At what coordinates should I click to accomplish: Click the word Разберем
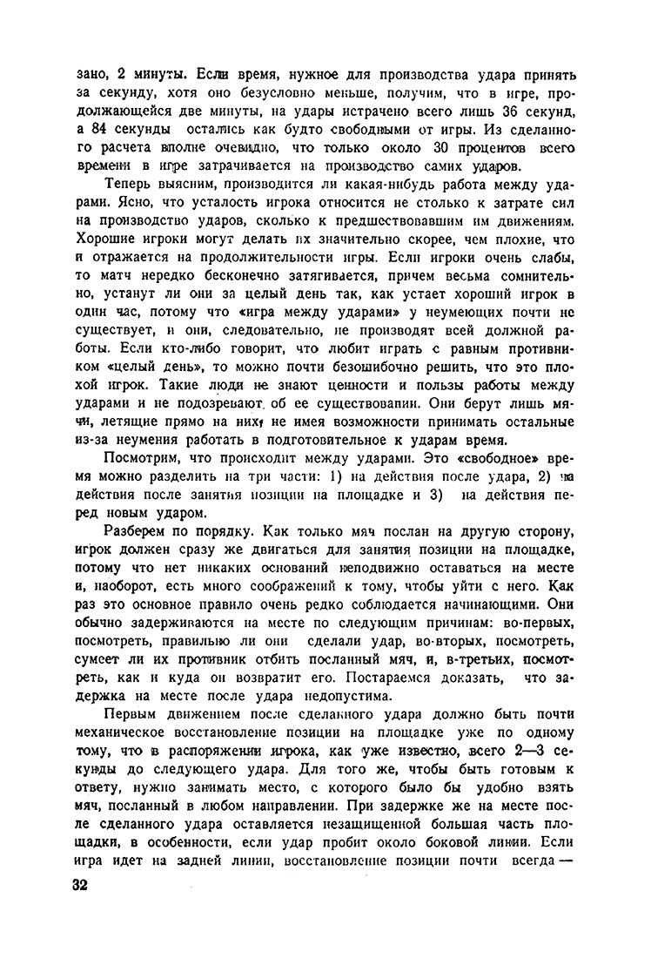point(137,532)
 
